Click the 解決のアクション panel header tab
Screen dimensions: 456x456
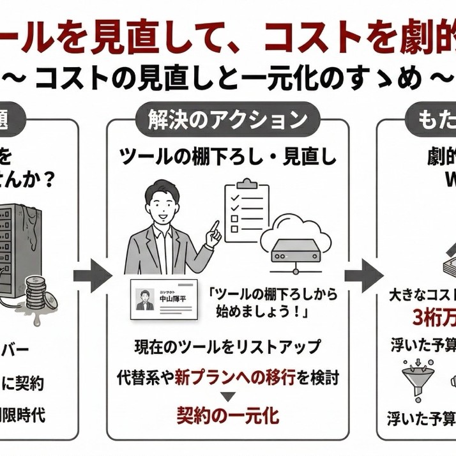click(227, 119)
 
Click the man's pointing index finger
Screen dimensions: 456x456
click(215, 226)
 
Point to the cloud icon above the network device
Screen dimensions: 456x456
click(296, 224)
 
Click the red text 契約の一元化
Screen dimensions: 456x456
click(228, 416)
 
